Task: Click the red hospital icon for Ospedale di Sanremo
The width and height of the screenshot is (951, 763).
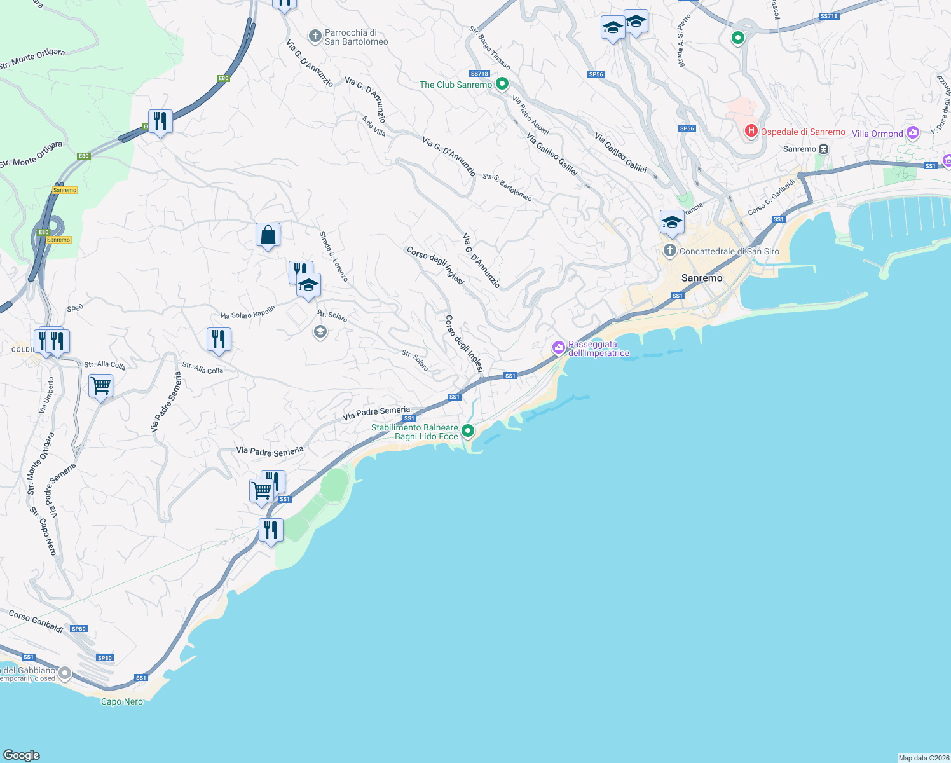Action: [x=751, y=131]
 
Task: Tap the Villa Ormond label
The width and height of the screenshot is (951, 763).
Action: [x=877, y=134]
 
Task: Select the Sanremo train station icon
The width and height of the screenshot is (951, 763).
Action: [x=824, y=149]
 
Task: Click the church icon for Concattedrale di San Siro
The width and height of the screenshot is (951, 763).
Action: [x=669, y=251]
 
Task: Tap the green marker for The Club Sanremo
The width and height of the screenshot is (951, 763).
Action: [x=502, y=83]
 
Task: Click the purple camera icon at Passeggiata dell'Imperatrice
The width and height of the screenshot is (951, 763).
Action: [x=559, y=347]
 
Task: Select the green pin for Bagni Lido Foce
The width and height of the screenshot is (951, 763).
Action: [x=468, y=431]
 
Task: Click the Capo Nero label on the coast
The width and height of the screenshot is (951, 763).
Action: [x=122, y=701]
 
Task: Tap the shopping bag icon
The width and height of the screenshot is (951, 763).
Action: [x=268, y=235]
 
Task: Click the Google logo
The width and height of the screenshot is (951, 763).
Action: [x=22, y=755]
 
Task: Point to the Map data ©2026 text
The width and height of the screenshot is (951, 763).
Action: [x=924, y=758]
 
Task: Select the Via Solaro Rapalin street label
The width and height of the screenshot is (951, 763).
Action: [x=248, y=312]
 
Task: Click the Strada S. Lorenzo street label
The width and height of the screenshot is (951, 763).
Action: [x=334, y=257]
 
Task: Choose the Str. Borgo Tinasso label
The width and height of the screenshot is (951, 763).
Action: [x=490, y=48]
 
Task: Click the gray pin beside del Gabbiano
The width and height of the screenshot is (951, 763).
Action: [x=65, y=673]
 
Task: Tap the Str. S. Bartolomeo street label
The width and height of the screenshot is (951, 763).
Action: [x=507, y=187]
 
